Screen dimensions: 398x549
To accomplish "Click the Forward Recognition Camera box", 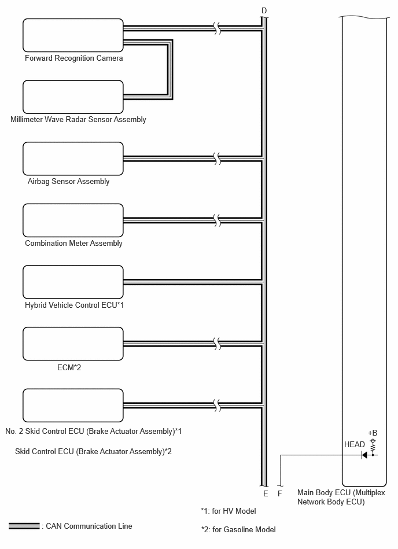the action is pyautogui.click(x=73, y=35).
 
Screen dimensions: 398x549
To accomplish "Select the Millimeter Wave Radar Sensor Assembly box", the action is pyautogui.click(x=73, y=97).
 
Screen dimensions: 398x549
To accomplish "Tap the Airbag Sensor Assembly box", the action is pyautogui.click(x=73, y=159).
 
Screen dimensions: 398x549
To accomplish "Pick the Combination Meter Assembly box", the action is pyautogui.click(x=73, y=220).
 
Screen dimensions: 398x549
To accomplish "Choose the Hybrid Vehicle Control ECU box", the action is pyautogui.click(x=73, y=282).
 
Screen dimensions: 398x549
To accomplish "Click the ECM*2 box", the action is pyautogui.click(x=73, y=344).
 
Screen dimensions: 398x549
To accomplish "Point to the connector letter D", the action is pyautogui.click(x=264, y=11).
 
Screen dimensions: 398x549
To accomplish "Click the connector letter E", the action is pyautogui.click(x=266, y=493).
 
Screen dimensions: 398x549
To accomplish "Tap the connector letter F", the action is pyautogui.click(x=279, y=493).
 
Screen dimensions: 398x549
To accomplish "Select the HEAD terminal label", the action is pyautogui.click(x=354, y=445).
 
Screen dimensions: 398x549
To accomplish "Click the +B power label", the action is pyautogui.click(x=373, y=433).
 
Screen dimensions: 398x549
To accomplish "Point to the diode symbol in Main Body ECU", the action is pyautogui.click(x=364, y=455).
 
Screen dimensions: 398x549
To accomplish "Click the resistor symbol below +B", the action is pyautogui.click(x=373, y=447).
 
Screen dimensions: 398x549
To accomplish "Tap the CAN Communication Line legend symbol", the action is pyautogui.click(x=24, y=526).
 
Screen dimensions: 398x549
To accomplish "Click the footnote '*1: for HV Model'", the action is pyautogui.click(x=229, y=511).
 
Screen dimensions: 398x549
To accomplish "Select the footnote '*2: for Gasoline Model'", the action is pyautogui.click(x=238, y=530).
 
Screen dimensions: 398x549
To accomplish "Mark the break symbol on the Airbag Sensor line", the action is pyautogui.click(x=218, y=159).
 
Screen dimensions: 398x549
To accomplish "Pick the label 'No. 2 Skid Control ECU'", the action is pyautogui.click(x=45, y=432).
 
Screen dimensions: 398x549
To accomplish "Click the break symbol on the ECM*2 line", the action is pyautogui.click(x=218, y=344).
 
